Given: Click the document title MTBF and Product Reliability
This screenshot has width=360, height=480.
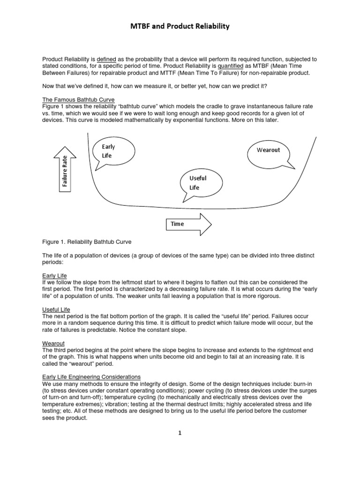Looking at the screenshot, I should coord(180,27).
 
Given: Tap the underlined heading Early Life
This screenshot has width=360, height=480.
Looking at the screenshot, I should coord(55,276).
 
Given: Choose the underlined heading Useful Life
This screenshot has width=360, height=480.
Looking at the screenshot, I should coord(56,309).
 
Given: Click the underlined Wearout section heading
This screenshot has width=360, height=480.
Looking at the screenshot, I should coord(54,343).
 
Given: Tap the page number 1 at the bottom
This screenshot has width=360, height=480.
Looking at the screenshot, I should coord(180,433).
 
